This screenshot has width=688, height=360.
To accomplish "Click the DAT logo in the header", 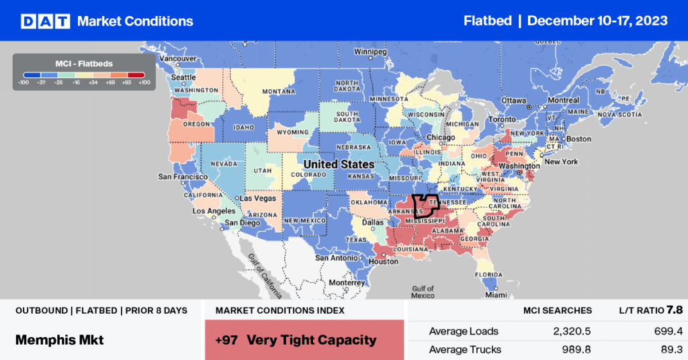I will click(46, 21).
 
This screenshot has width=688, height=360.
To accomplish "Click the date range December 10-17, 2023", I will click(597, 21).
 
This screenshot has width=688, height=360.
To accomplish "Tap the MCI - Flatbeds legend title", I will click(83, 64).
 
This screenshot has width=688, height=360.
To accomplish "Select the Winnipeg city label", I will click(372, 51).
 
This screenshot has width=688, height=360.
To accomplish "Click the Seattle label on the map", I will click(183, 77).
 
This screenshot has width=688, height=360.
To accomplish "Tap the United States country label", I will click(338, 164).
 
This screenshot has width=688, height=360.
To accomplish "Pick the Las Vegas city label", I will click(259, 199).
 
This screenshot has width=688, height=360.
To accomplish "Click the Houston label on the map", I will click(384, 261).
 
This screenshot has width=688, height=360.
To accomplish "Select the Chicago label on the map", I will click(440, 138).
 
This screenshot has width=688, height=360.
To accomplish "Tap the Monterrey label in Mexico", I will click(347, 283).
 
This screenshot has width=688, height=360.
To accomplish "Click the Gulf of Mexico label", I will click(423, 291).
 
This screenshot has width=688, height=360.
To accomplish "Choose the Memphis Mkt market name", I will click(59, 340).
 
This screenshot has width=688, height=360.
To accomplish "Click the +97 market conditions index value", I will click(227, 340).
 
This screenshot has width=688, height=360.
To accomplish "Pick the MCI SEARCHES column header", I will click(558, 310).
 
